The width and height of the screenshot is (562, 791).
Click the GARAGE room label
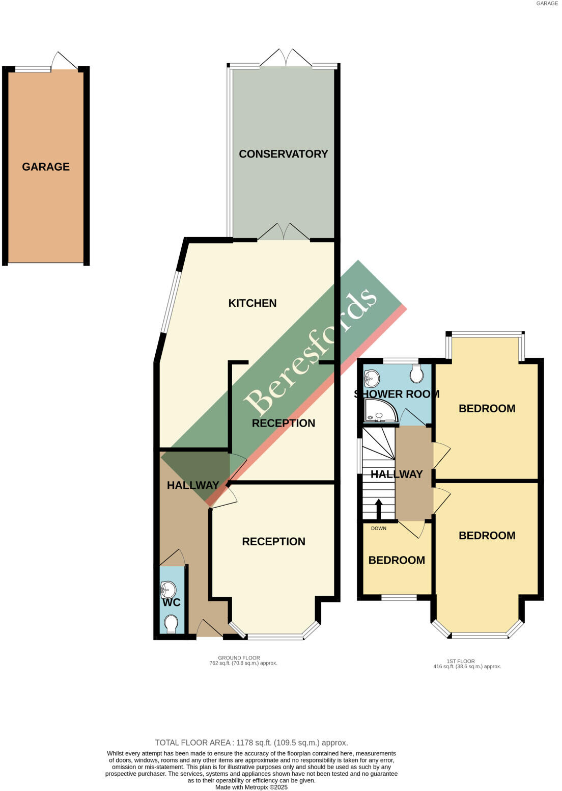coord(46,167)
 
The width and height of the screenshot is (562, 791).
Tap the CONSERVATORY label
coord(283,154)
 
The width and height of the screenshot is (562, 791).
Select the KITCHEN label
coord(252,303)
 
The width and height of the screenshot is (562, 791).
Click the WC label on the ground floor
coord(172,602)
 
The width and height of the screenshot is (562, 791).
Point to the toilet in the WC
coord(171,623)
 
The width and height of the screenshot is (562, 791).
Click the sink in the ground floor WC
coord(168,590)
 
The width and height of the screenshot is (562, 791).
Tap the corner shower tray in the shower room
coord(380,410)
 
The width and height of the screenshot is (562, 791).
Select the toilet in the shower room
coord(417,374)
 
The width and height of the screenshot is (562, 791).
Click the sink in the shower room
coord(372,378)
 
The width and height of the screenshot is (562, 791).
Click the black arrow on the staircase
coord(378,508)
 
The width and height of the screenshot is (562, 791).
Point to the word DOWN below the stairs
coord(379,529)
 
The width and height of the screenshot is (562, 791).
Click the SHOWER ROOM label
coord(397,394)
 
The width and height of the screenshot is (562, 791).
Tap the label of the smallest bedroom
coord(397,560)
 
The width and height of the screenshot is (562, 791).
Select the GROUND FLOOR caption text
coord(239,658)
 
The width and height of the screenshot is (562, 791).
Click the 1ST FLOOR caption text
coord(461,661)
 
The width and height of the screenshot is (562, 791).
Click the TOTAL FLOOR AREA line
coord(251,743)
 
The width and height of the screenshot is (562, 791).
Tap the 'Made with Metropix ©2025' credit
coord(251,787)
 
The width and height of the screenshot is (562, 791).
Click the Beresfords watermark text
coord(311,352)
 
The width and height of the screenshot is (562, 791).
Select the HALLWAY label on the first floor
coord(397,474)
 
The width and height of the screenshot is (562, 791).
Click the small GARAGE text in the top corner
coord(547,4)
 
